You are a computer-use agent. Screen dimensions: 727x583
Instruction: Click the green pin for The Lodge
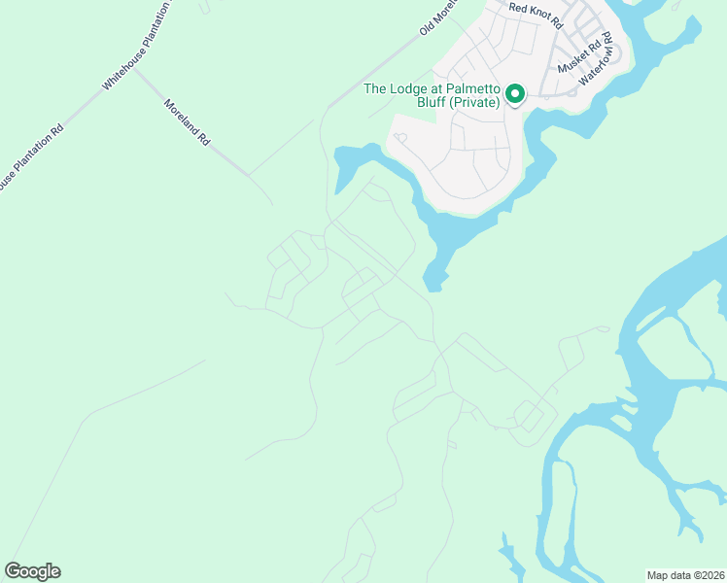[x=513, y=93]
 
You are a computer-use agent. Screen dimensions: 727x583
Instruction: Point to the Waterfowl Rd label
[x=598, y=60]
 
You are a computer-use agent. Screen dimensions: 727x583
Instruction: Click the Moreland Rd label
[x=187, y=121]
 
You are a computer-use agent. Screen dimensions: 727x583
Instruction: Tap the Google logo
[x=32, y=571]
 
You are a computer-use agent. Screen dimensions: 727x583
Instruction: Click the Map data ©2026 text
[x=685, y=575]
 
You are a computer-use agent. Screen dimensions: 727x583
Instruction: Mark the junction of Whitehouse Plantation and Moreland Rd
[x=134, y=68]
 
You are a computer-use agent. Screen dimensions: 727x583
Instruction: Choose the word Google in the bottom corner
[x=32, y=571]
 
